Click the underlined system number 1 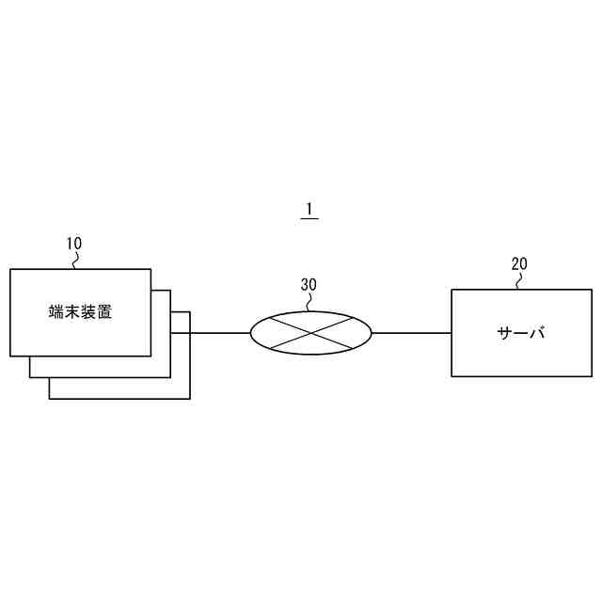309,209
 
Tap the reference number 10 73,244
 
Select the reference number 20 519,263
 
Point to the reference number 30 309,283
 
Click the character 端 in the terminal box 55,312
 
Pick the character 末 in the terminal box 71,312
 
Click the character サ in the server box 504,333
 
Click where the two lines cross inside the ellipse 311,332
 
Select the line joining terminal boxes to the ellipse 220,332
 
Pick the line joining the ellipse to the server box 411,332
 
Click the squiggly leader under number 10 76,260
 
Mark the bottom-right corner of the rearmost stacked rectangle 190,398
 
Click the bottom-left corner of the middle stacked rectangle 29,377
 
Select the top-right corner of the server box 592,289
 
